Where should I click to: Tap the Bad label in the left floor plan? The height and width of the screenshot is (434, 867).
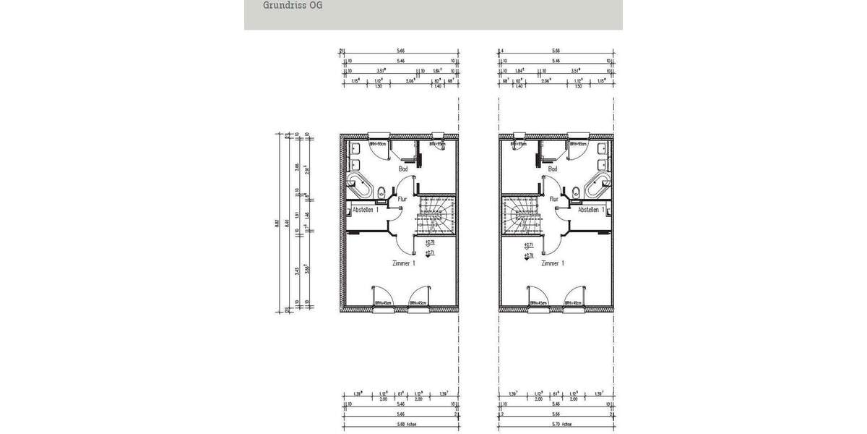click(x=402, y=169)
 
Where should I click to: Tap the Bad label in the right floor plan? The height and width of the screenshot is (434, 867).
click(x=553, y=169)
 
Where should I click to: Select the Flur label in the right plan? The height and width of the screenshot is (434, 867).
click(x=553, y=198)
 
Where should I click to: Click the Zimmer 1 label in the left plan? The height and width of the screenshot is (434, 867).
click(x=402, y=264)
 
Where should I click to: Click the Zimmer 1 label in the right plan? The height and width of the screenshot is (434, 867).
click(x=552, y=264)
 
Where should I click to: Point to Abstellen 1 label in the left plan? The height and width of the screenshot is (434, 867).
click(x=366, y=210)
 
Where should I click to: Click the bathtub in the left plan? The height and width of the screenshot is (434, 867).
click(x=361, y=185)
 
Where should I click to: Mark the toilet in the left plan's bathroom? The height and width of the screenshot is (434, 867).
click(x=381, y=192)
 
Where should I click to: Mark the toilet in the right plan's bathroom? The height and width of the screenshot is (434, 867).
click(x=574, y=192)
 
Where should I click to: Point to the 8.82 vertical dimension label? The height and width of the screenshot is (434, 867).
click(x=277, y=224)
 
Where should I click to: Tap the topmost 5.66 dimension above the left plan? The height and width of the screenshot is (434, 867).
click(x=400, y=51)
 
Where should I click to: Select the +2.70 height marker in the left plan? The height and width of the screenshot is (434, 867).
click(x=429, y=242)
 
